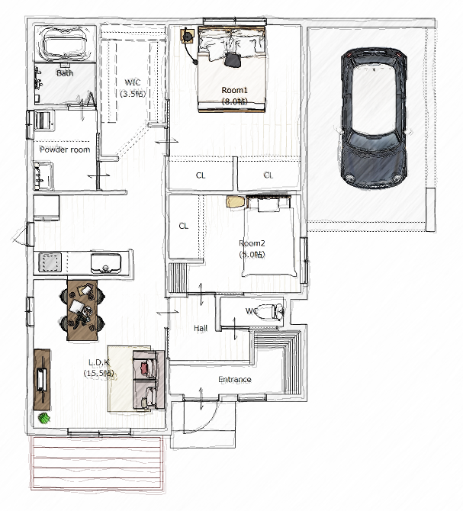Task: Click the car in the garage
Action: [374, 118]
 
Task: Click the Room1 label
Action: [235, 90]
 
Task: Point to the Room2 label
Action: [252, 243]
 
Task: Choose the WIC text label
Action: [133, 82]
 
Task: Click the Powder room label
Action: [65, 149]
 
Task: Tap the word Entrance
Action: [235, 379]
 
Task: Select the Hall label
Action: [201, 328]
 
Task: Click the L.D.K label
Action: [98, 362]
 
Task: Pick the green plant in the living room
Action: [44, 418]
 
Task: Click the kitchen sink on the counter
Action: [106, 263]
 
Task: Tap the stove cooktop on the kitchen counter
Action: [50, 262]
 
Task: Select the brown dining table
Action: [82, 310]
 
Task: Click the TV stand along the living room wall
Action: [42, 380]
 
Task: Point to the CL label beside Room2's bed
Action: [183, 226]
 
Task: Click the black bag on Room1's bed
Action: [233, 59]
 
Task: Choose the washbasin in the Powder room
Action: [43, 176]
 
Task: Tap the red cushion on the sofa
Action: [144, 368]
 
